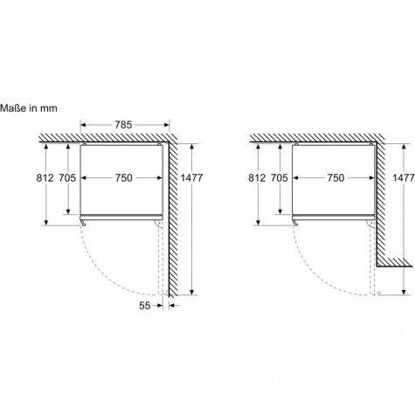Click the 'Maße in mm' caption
[x=29, y=108]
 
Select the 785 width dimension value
[x=123, y=125]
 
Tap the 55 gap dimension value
[x=145, y=306]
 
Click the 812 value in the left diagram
[x=45, y=177]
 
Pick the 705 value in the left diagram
[x=67, y=177]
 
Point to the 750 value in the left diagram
[x=123, y=177]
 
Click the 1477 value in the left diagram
[x=191, y=177]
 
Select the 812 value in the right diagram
[x=257, y=177]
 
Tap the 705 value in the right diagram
[x=280, y=177]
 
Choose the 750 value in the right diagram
[x=335, y=177]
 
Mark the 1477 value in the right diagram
[x=404, y=177]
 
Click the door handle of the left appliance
[x=83, y=223]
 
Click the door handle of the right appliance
[x=295, y=223]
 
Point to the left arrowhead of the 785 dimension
[x=83, y=125]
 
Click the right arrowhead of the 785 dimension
[x=167, y=125]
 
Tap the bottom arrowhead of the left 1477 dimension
[x=191, y=292]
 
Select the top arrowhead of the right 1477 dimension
[x=404, y=147]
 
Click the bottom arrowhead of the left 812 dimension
[x=45, y=222]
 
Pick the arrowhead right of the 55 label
[x=172, y=306]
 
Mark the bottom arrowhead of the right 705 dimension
[x=280, y=211]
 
